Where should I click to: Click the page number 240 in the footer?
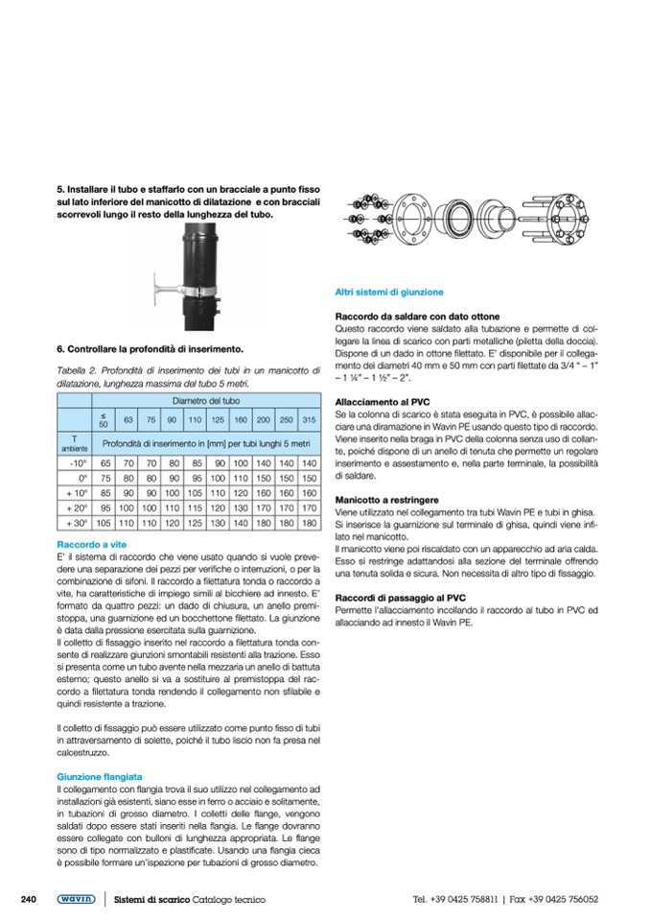(28, 899)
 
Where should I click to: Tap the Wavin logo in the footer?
(75, 899)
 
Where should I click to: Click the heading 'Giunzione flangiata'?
(100, 775)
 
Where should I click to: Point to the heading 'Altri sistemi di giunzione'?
(388, 291)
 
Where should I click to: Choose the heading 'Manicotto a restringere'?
(386, 501)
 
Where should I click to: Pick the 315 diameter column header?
(308, 419)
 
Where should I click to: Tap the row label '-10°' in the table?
(80, 462)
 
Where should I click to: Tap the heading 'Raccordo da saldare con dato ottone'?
(417, 316)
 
